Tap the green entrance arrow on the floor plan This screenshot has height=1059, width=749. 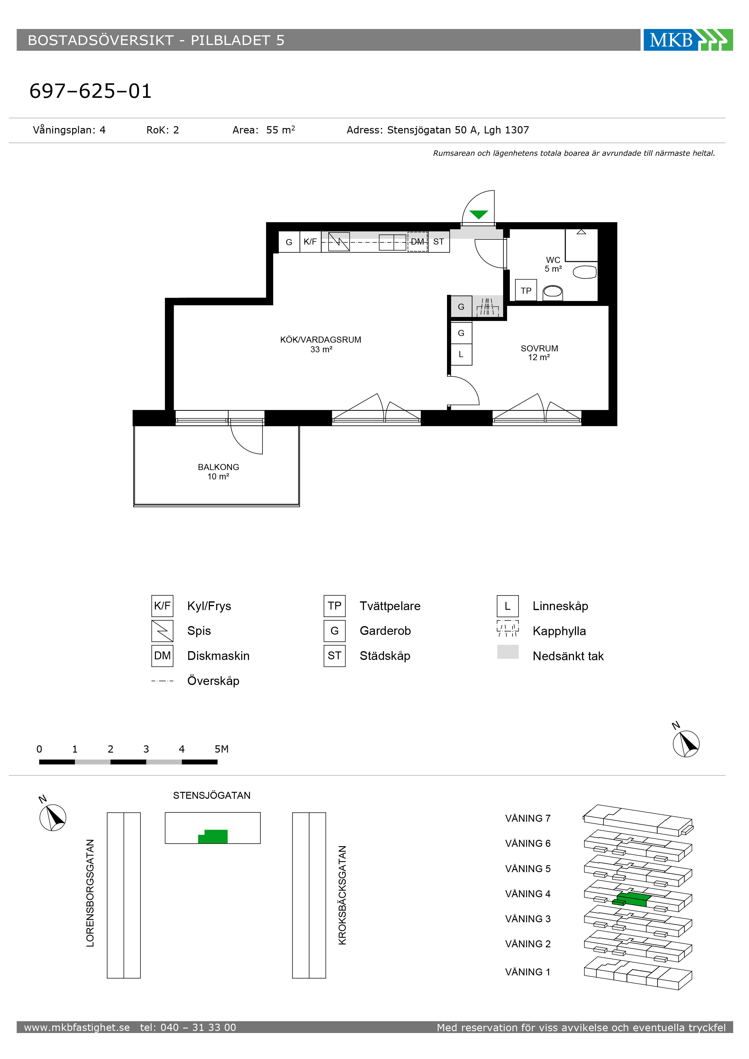click(x=479, y=214)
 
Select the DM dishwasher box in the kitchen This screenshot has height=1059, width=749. click(x=418, y=242)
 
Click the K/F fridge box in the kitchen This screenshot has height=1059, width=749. click(x=310, y=242)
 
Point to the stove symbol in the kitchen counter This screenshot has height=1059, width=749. click(x=339, y=242)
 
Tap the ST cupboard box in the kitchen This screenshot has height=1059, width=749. click(x=439, y=242)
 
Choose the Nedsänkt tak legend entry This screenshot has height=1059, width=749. click(x=568, y=656)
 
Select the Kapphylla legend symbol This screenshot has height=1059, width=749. click(x=508, y=628)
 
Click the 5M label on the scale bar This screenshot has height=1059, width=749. click(x=221, y=749)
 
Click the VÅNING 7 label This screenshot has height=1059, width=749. click(x=528, y=818)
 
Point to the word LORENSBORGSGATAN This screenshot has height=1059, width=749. click(x=90, y=893)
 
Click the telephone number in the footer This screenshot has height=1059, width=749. click(x=188, y=1027)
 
